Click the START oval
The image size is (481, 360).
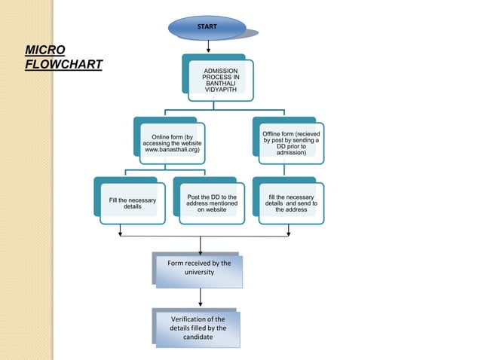(207, 27)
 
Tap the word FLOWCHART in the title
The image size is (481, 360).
(63, 63)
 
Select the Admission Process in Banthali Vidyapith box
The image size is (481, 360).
(219, 81)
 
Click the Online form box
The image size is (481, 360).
(171, 143)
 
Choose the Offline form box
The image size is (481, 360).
(291, 143)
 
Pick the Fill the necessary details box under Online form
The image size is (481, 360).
(132, 204)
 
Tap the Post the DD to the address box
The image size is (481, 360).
(212, 203)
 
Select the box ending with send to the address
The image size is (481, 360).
(291, 203)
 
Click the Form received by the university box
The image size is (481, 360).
(199, 271)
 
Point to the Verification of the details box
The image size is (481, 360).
(198, 328)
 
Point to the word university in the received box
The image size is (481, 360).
(199, 272)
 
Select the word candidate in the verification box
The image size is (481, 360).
(198, 337)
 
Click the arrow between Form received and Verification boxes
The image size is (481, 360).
(199, 298)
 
